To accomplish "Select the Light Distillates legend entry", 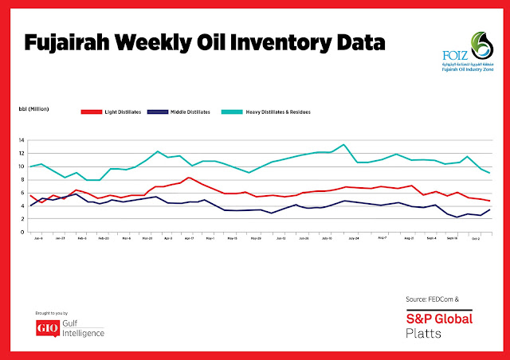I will pos(122,112).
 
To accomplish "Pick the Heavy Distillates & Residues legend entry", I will pos(276,112).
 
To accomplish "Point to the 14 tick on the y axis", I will pos(24,140).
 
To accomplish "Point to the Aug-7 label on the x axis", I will pos(382,238).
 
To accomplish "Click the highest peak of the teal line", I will pos(343,145).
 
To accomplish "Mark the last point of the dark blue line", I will pos(488,209).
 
